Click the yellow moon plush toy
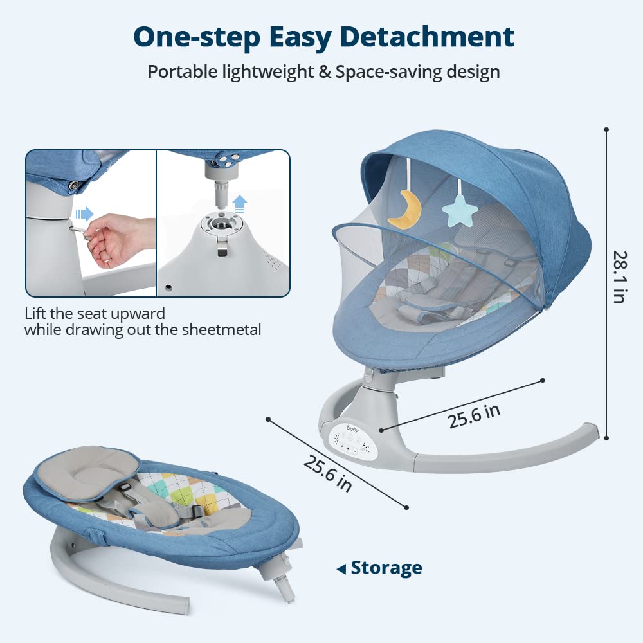pyautogui.click(x=405, y=210)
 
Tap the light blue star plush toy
pyautogui.click(x=460, y=211)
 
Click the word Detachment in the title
pyautogui.click(x=428, y=37)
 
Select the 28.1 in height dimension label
pyautogui.click(x=619, y=276)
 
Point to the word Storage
pyautogui.click(x=386, y=568)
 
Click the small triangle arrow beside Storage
pyautogui.click(x=341, y=569)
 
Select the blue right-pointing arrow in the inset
pyautogui.click(x=84, y=213)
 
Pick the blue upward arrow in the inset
pyautogui.click(x=240, y=203)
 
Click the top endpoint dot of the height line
pyautogui.click(x=606, y=130)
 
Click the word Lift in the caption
pyautogui.click(x=35, y=314)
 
